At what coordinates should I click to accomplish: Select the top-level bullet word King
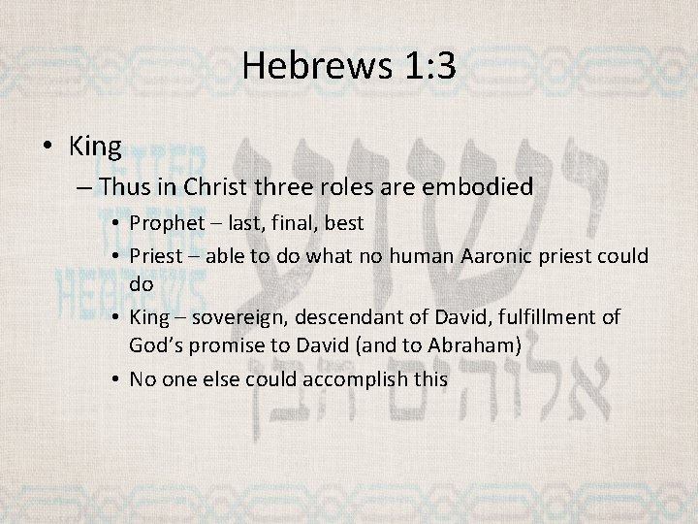95,147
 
